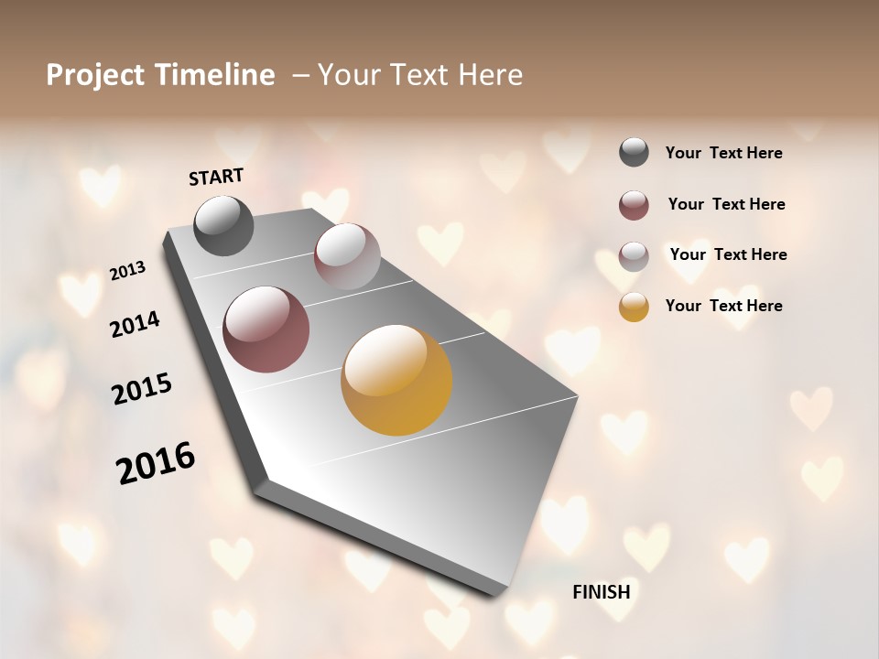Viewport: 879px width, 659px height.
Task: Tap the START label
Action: pyautogui.click(x=216, y=177)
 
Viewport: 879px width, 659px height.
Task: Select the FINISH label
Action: pyautogui.click(x=602, y=592)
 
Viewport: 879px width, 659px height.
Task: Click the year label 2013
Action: pyautogui.click(x=127, y=271)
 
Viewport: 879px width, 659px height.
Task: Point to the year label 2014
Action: pyautogui.click(x=135, y=324)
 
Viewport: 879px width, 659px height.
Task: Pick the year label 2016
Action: pyautogui.click(x=156, y=463)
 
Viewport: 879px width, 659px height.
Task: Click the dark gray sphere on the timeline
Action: pyautogui.click(x=224, y=226)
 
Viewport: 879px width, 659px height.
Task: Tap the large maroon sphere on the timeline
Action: pyautogui.click(x=266, y=329)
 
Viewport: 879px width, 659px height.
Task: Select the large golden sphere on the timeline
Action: pyautogui.click(x=396, y=380)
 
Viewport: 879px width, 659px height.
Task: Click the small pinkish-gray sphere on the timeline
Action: pyautogui.click(x=347, y=255)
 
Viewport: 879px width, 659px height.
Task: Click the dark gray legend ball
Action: pyautogui.click(x=634, y=153)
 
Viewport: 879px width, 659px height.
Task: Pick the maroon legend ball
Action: pyautogui.click(x=634, y=205)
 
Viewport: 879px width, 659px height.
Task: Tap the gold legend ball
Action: pyautogui.click(x=634, y=307)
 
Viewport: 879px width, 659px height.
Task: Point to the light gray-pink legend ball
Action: pyautogui.click(x=634, y=255)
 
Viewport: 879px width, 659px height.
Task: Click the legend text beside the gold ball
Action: pyautogui.click(x=723, y=306)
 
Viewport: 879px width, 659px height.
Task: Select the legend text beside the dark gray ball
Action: pyautogui.click(x=723, y=153)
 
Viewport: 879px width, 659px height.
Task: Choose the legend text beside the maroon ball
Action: pyautogui.click(x=726, y=204)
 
